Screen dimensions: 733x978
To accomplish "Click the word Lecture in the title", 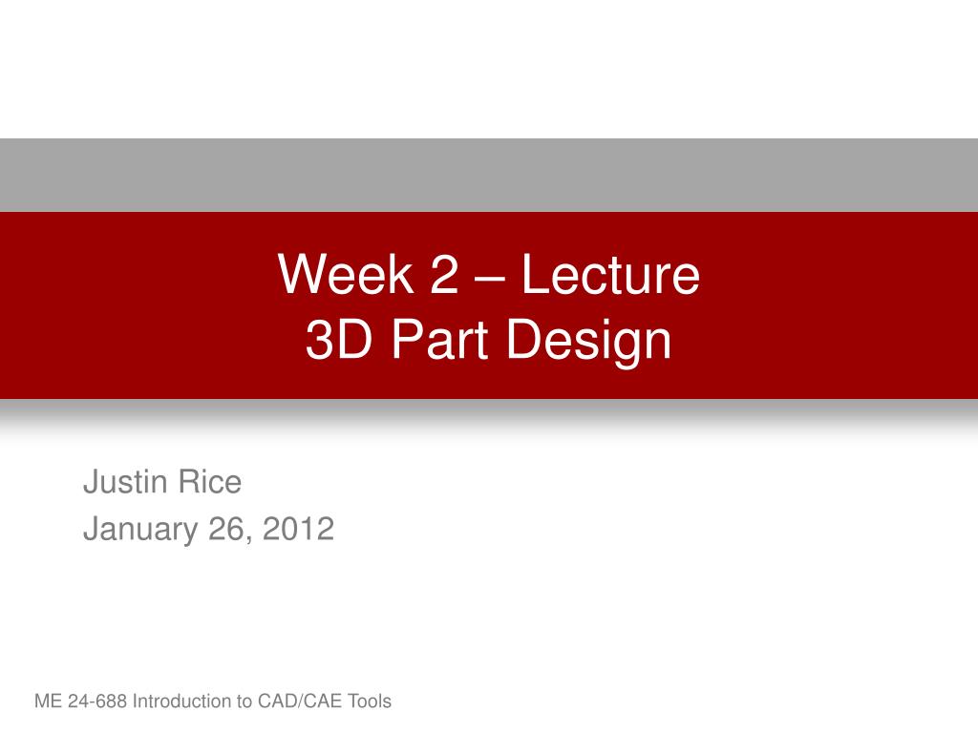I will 610,275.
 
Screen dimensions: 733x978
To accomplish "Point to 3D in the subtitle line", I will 331,341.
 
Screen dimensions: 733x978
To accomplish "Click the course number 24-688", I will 96,702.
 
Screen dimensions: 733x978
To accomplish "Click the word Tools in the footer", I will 370,702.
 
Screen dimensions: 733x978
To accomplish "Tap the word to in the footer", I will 244,702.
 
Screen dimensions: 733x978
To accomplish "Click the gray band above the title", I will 489,175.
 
